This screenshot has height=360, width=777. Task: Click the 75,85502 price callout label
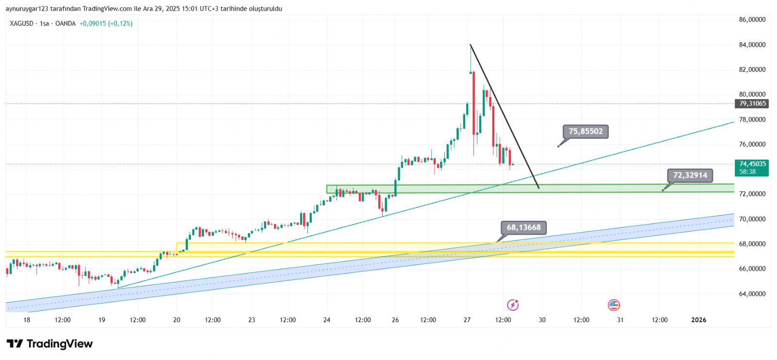tap(585, 131)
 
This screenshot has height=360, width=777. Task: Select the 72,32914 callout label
tap(690, 175)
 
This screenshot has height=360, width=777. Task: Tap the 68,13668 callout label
tap(524, 227)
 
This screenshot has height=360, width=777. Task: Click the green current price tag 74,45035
tap(752, 164)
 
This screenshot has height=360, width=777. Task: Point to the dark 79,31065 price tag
tap(752, 103)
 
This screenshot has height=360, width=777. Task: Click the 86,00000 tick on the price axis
tap(752, 20)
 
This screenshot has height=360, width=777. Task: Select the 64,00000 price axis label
tap(752, 294)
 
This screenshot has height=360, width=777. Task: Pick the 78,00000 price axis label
tap(752, 120)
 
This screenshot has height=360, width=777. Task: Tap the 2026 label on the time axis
tap(698, 320)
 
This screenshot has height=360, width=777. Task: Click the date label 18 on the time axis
tap(27, 320)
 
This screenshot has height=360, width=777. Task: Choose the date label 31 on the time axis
tap(620, 320)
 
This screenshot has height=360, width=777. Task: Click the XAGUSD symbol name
tap(21, 23)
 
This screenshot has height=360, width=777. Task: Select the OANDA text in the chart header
tap(65, 23)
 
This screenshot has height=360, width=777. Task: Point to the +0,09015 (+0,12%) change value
tap(106, 23)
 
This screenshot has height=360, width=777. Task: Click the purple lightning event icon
tap(513, 305)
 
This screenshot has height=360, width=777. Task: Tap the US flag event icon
tap(614, 305)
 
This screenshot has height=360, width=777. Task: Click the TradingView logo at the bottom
tap(50, 344)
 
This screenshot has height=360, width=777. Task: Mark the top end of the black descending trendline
tap(470, 45)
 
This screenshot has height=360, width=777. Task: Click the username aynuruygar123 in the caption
tap(27, 9)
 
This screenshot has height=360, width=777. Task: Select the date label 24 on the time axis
tap(327, 320)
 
